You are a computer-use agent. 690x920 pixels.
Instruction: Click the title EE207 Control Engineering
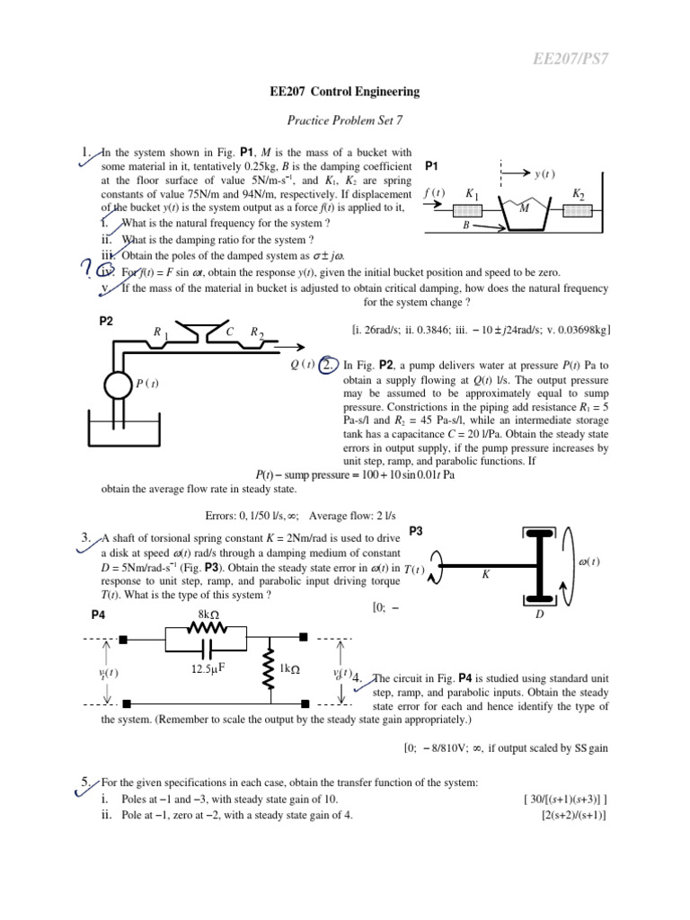344,92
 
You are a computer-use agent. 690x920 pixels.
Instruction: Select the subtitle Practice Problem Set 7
344,120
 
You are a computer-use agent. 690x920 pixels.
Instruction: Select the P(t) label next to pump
148,385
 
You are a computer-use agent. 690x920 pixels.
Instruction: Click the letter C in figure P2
230,332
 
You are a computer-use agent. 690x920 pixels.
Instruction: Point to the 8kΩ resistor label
208,614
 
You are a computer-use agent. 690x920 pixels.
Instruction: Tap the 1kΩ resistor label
289,669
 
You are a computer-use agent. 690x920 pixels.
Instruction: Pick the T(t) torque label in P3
414,570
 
